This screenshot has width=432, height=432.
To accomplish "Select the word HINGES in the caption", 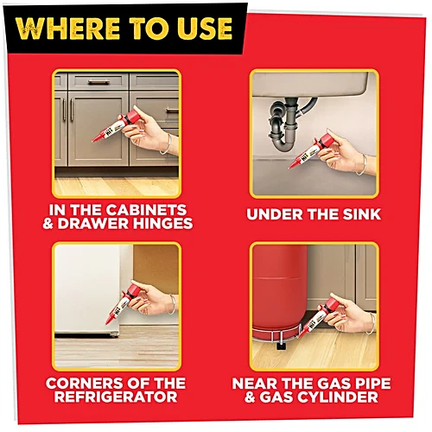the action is [164, 224].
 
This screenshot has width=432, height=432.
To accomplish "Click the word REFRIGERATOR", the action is [116, 397].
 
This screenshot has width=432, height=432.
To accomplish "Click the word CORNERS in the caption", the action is [77, 384].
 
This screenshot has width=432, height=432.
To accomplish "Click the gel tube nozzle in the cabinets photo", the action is [99, 137].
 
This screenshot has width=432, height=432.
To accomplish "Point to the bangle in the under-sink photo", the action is [364, 165].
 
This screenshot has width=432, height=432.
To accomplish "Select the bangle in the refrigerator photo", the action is [173, 305].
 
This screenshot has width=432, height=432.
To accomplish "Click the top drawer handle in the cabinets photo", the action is [98, 82].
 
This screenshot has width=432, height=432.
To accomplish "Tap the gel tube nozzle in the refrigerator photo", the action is [109, 318].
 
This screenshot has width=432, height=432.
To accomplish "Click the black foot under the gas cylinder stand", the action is [281, 345].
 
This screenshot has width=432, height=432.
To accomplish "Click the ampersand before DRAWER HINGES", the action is [48, 224].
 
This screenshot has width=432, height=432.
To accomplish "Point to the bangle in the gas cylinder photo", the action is [372, 323].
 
